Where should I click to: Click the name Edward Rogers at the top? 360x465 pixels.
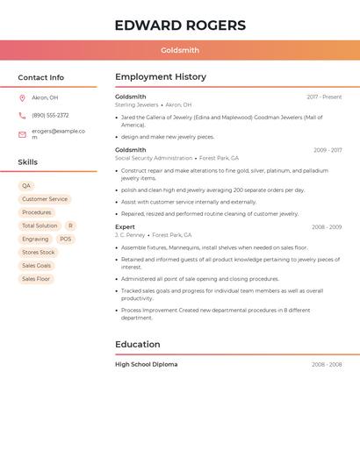tap(180, 25)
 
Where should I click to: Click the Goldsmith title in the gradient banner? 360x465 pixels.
tap(180, 51)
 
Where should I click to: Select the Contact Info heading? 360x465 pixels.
tap(40, 77)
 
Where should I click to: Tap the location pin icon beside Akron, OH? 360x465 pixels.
tap(22, 98)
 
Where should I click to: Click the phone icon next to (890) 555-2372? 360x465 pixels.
tap(22, 116)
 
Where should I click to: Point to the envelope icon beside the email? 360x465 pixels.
tap(22, 134)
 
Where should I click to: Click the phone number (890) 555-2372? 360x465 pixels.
tap(50, 116)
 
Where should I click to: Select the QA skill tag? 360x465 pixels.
tap(26, 186)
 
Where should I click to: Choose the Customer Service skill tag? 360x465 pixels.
tap(45, 199)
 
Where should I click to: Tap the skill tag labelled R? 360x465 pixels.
tap(70, 225)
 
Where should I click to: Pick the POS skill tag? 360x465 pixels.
tap(66, 239)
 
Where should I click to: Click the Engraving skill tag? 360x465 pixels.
tap(35, 239)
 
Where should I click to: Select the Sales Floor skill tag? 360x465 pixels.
tap(36, 279)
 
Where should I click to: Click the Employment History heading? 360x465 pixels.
tap(161, 77)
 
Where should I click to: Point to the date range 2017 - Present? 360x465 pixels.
tap(324, 97)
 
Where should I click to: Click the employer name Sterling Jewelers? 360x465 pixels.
tap(137, 105)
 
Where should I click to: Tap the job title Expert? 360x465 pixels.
tap(125, 227)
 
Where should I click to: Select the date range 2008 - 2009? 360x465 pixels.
tap(327, 227)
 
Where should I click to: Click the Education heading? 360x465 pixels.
tap(138, 345)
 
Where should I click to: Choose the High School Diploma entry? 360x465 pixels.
tap(146, 364)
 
